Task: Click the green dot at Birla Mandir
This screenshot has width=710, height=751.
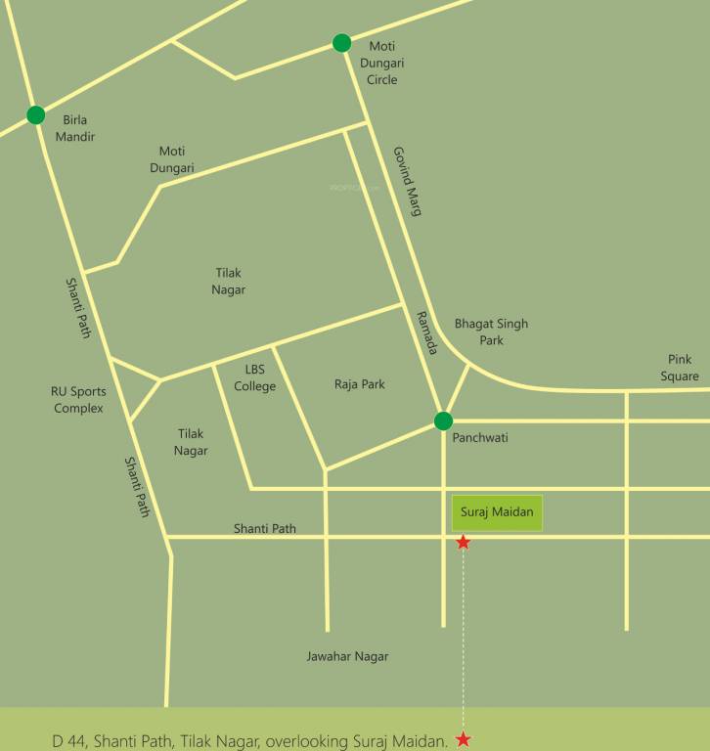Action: pos(36,115)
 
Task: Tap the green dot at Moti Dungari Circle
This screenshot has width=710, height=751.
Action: pos(341,43)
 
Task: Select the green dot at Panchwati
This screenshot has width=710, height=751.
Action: pos(443,421)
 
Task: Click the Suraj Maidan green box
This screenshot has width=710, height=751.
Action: pos(496,513)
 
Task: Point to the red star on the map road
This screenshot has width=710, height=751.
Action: pos(464,542)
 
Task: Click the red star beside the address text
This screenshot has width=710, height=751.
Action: pos(464,740)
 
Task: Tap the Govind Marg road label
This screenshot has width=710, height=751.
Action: pos(406,181)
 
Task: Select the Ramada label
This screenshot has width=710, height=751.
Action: pos(426,331)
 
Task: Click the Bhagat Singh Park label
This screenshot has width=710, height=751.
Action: pos(491,332)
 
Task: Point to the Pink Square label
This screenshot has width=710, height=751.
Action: pos(679,368)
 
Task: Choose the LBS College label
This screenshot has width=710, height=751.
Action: pos(255,377)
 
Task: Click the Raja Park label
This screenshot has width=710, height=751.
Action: pos(360,384)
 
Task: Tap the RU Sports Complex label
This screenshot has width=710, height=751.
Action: pos(78,399)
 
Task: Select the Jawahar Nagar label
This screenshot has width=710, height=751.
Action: pos(347,656)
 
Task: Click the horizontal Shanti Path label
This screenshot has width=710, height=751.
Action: pos(264,529)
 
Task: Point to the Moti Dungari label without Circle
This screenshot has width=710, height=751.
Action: pos(172,159)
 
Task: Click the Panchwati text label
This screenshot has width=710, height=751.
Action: pos(480,438)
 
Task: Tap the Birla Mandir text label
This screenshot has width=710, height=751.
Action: pos(75,128)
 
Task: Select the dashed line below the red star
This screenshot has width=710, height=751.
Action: pos(464,636)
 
